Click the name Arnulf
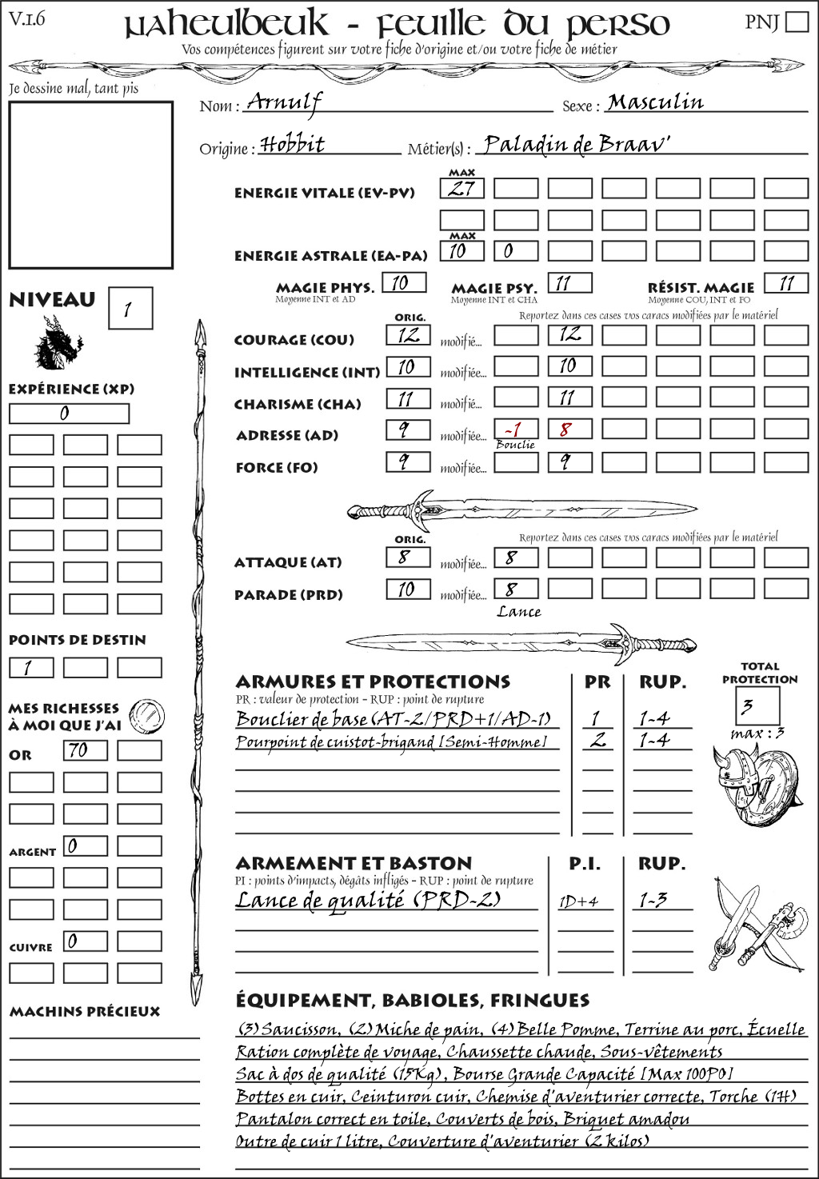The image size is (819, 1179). [x=284, y=102]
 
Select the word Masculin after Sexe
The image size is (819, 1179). [x=655, y=102]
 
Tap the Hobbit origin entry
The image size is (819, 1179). [x=293, y=145]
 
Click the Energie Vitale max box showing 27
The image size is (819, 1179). [x=461, y=189]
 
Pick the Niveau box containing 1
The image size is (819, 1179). [x=130, y=309]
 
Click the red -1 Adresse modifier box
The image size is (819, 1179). [x=515, y=430]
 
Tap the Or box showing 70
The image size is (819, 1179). [x=85, y=750]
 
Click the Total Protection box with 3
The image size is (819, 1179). [x=757, y=705]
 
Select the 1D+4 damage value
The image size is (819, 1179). [x=578, y=901]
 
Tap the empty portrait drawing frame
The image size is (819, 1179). [x=90, y=185]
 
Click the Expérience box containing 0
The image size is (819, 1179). [x=69, y=414]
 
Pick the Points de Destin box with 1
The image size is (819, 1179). [x=31, y=667]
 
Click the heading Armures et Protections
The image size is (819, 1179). [x=373, y=681]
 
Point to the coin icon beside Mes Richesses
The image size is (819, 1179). [x=147, y=714]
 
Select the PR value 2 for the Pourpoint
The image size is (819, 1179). [x=597, y=741]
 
